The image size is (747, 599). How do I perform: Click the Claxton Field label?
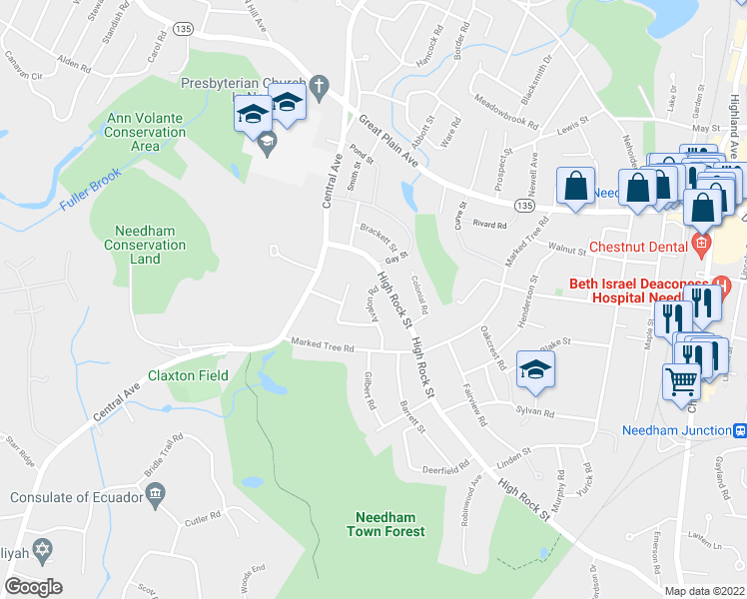pos(188,376)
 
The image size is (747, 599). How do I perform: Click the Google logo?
pos(34,586)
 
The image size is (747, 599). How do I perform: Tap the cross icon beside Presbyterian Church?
pos(319,85)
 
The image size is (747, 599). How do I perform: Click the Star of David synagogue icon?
pos(43,550)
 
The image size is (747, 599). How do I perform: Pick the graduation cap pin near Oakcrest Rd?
pos(535,369)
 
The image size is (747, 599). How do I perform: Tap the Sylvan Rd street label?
pos(535,411)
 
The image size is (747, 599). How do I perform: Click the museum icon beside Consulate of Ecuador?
pos(155,495)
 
